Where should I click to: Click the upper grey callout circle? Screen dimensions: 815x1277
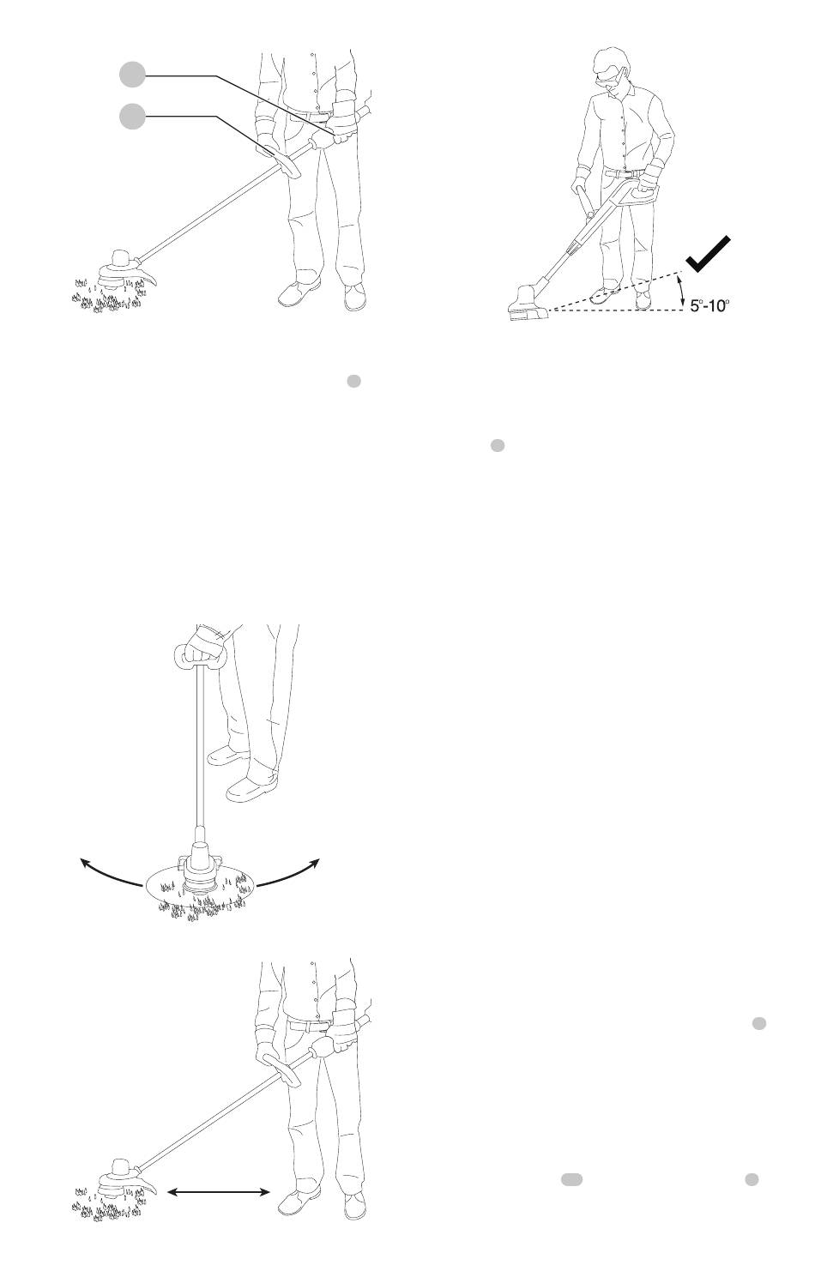click(x=132, y=75)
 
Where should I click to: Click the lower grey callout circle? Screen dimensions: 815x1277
click(x=132, y=117)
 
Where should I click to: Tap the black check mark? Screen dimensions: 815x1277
click(x=708, y=254)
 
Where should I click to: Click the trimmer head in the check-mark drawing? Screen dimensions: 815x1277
click(x=528, y=304)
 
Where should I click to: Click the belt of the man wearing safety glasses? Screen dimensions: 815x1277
click(x=625, y=171)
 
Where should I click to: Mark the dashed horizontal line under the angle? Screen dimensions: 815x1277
click(x=616, y=310)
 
